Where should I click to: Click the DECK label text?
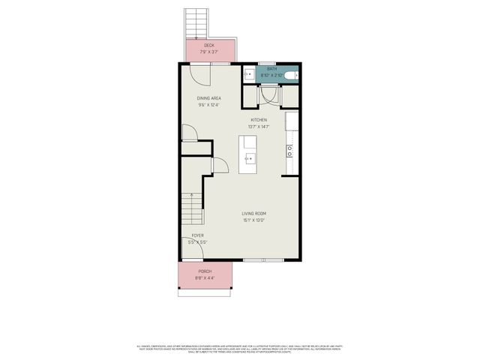[x=208, y=46]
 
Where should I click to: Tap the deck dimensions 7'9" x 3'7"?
[x=208, y=52]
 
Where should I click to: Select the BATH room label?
[x=271, y=69]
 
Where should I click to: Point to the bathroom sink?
[x=248, y=74]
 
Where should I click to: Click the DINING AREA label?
[x=208, y=98]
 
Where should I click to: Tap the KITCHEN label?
[x=259, y=120]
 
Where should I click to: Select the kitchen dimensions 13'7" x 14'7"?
[x=259, y=127]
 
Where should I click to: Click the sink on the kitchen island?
[x=250, y=158]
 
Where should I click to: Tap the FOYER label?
[x=198, y=235]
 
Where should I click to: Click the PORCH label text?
[x=205, y=271]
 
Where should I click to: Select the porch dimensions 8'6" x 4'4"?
[x=205, y=277]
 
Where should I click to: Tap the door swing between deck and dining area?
[x=198, y=73]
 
